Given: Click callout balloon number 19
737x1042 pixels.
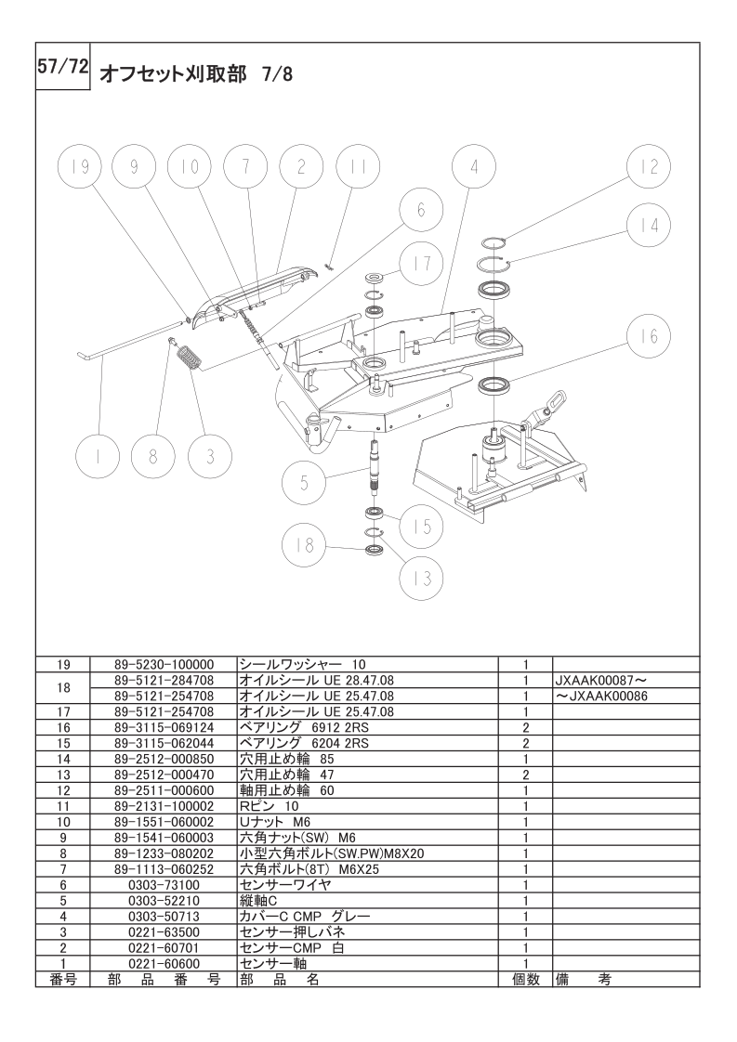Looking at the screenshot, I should pyautogui.click(x=79, y=167).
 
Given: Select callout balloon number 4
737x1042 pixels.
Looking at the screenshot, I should pyautogui.click(x=474, y=167).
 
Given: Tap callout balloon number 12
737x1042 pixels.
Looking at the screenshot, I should pyautogui.click(x=648, y=167).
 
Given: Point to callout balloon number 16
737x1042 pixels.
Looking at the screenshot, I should pyautogui.click(x=648, y=336).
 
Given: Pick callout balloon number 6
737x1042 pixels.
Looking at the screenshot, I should pyautogui.click(x=420, y=211).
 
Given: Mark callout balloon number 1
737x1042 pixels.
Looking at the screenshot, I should pyautogui.click(x=98, y=456).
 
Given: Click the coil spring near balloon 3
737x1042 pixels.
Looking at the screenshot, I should pyautogui.click(x=191, y=357).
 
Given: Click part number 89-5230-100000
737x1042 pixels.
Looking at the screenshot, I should pyautogui.click(x=164, y=666).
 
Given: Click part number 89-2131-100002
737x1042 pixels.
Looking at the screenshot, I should pyautogui.click(x=164, y=806).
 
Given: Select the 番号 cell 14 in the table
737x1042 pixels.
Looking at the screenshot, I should pyautogui.click(x=63, y=759).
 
